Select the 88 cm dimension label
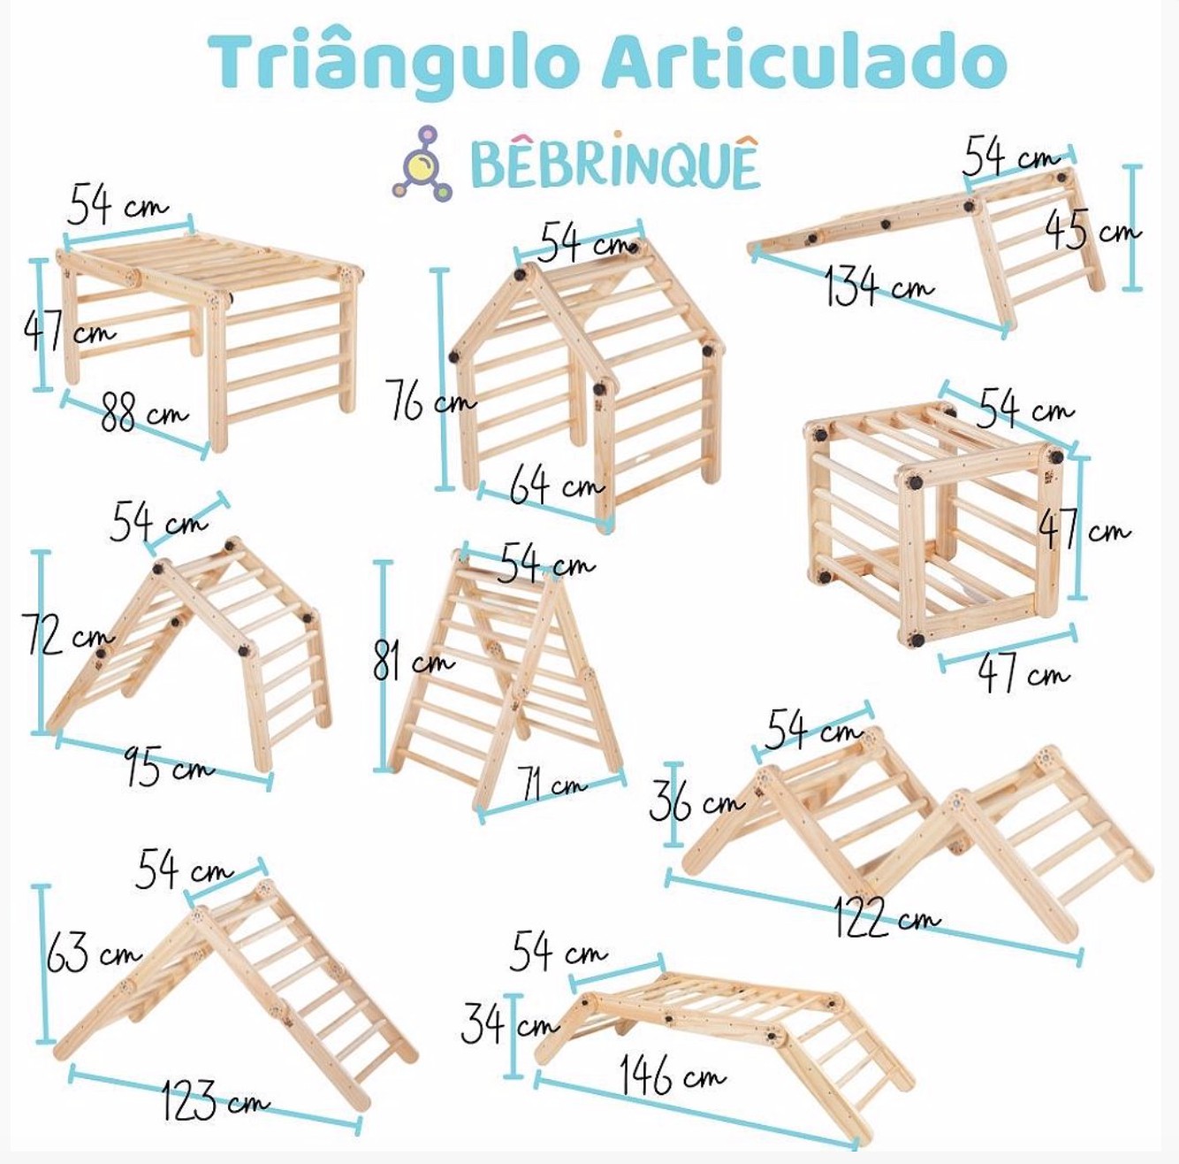click(x=141, y=414)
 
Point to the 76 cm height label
click(x=429, y=403)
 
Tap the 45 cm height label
click(x=1092, y=229)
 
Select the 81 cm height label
click(x=412, y=660)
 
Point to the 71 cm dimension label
click(x=553, y=784)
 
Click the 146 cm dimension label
click(x=672, y=1075)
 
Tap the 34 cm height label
click(x=508, y=1025)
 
